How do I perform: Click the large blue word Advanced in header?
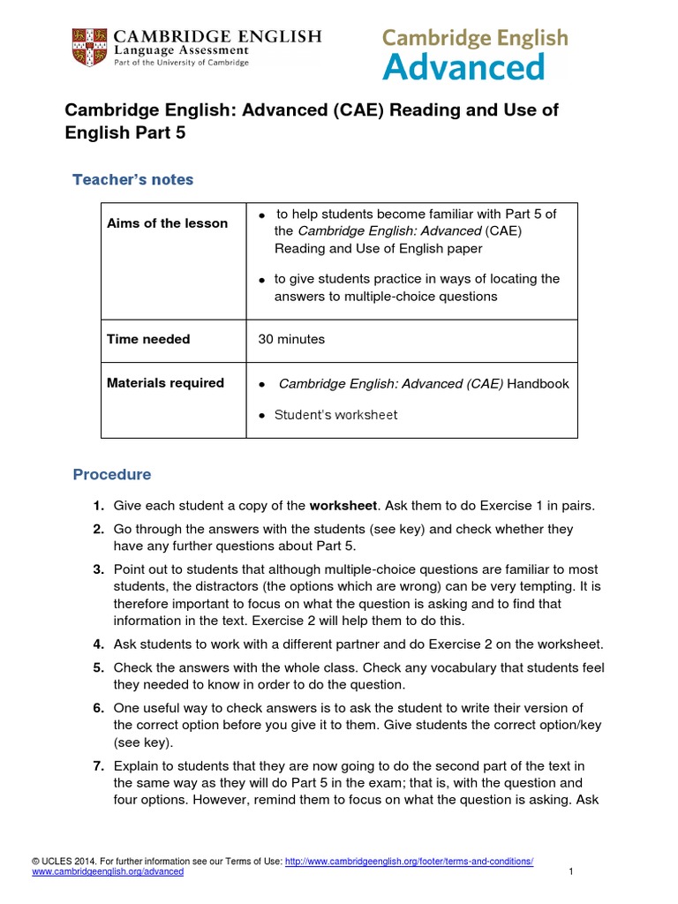coord(463,67)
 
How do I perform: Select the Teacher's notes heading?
coord(132,180)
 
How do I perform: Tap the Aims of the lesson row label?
coord(167,223)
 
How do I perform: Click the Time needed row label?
coord(148,339)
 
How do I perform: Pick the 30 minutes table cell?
coord(291,339)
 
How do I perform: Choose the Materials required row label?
coord(165,383)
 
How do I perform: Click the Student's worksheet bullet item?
coord(335,415)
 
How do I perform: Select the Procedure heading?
coord(111,475)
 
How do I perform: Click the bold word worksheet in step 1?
coord(343,506)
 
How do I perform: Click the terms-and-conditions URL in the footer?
coord(409,861)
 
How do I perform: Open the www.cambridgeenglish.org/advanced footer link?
coord(108,871)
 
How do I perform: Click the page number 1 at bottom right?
coord(571,872)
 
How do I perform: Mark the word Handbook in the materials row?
coord(539,383)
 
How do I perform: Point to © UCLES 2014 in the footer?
coord(61,861)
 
